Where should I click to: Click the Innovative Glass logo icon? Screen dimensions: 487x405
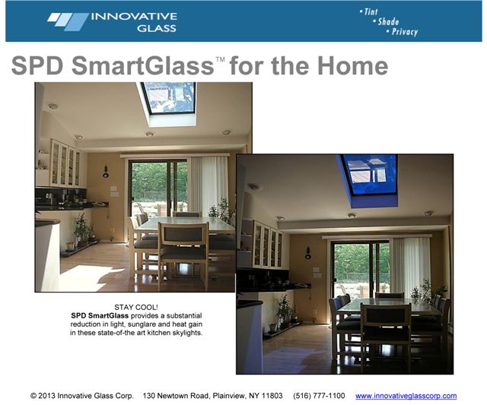pyautogui.click(x=68, y=22)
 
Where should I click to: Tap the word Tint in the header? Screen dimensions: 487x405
pyautogui.click(x=371, y=12)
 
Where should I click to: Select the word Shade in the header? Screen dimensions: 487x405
pyautogui.click(x=388, y=22)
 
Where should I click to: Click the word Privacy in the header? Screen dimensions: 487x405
pyautogui.click(x=405, y=32)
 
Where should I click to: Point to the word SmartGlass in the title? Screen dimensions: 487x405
pyautogui.click(x=143, y=65)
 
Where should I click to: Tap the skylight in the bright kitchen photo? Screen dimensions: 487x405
pyautogui.click(x=168, y=98)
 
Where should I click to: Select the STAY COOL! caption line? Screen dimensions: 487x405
pyautogui.click(x=136, y=307)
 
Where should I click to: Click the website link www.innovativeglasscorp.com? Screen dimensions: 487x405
pyautogui.click(x=406, y=396)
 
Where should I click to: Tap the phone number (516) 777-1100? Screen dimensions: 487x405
pyautogui.click(x=319, y=396)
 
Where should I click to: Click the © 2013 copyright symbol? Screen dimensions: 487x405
pyautogui.click(x=33, y=396)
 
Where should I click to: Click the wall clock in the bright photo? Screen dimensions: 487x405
pyautogui.click(x=106, y=172)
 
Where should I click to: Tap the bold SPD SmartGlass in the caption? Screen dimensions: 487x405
pyautogui.click(x=100, y=315)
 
